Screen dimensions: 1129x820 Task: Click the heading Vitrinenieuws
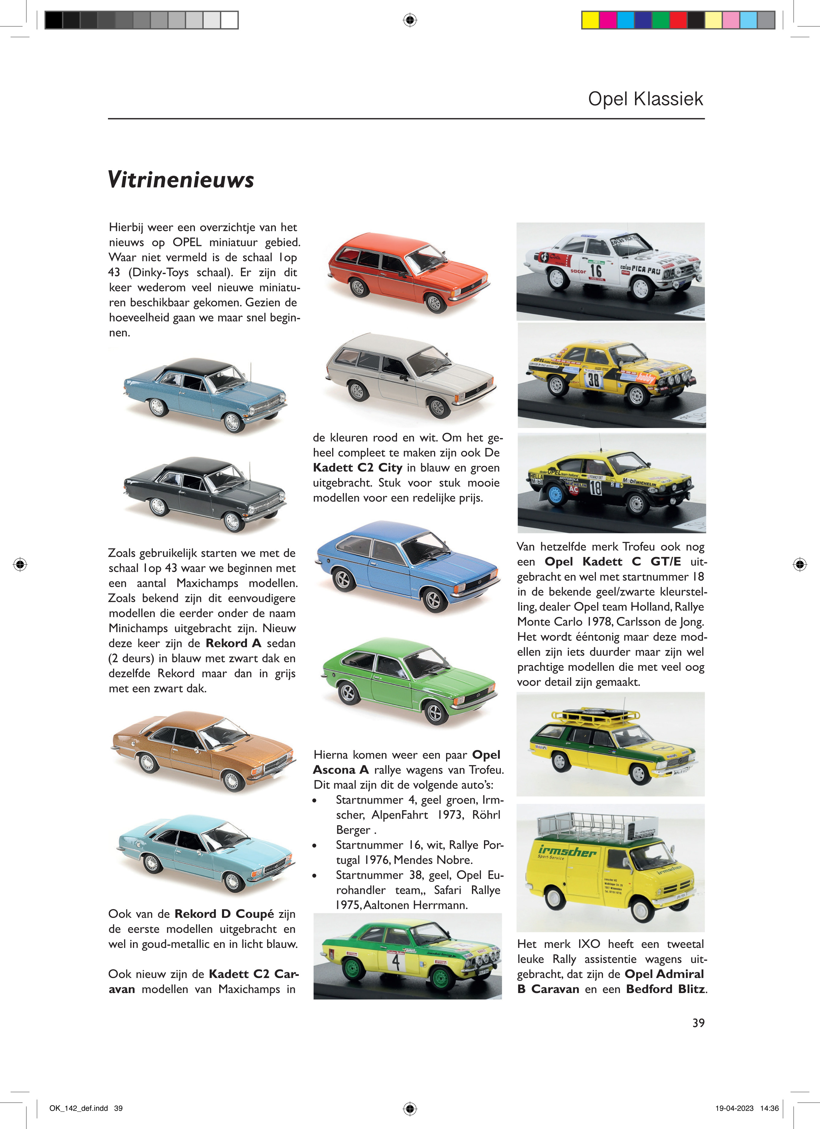pos(181,179)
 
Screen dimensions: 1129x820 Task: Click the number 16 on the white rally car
pos(596,271)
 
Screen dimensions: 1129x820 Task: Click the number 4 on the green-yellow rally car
pos(396,962)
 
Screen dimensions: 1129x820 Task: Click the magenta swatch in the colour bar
pos(607,20)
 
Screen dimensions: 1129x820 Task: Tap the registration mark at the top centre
pos(409,20)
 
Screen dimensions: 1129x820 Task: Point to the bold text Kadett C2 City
pos(357,467)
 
